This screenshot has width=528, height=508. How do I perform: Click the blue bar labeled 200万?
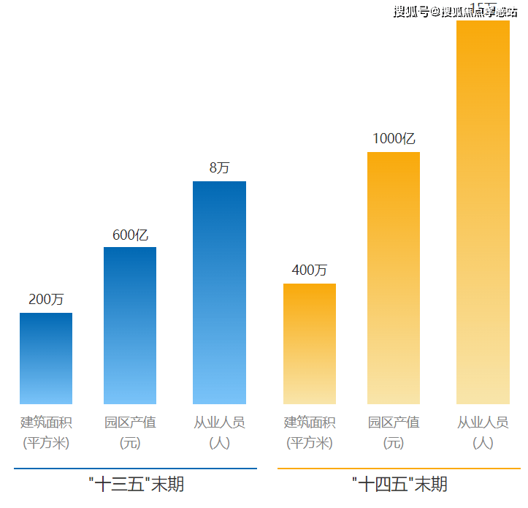click(46, 358)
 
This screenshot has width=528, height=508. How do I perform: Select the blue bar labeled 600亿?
click(130, 325)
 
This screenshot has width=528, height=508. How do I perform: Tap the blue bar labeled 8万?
click(219, 292)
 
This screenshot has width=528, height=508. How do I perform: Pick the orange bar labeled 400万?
click(309, 344)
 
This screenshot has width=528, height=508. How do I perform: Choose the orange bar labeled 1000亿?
click(394, 278)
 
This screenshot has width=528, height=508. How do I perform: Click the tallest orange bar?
click(483, 212)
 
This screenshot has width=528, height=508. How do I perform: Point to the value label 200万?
click(46, 300)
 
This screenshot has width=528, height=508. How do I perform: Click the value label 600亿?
click(130, 235)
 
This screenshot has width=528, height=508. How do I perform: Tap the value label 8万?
click(219, 168)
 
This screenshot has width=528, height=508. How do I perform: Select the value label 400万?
click(309, 270)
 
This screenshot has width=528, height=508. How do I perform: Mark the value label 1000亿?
click(394, 139)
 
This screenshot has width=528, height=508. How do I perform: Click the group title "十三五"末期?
click(135, 484)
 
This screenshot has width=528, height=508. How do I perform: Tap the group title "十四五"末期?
click(399, 484)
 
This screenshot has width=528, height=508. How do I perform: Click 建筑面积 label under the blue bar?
click(46, 422)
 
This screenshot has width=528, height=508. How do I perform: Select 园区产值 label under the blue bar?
click(130, 422)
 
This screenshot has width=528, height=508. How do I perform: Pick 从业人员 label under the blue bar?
click(219, 422)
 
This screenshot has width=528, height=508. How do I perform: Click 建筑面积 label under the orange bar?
click(309, 422)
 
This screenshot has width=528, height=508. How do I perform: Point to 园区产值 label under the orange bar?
click(394, 422)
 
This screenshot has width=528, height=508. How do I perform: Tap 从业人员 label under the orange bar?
click(483, 422)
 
